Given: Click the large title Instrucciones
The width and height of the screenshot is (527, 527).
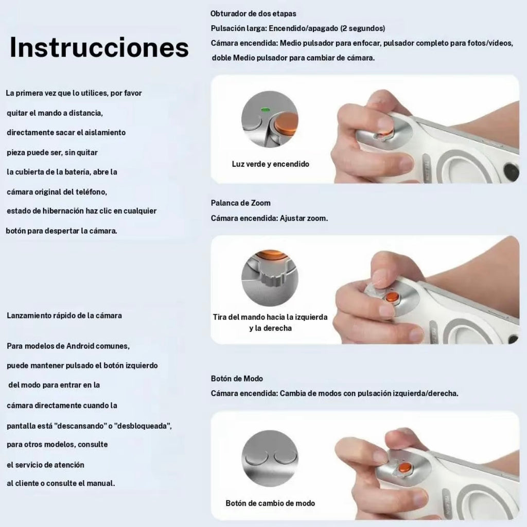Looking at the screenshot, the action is tap(99, 47).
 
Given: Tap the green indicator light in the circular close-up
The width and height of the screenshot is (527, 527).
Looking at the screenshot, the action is tap(265, 110).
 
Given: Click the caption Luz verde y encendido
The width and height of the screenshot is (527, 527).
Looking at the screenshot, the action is tap(271, 164).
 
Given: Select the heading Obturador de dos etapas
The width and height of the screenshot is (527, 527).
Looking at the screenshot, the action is tap(253, 14).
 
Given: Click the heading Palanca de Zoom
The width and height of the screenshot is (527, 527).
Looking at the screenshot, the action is tap(241, 203).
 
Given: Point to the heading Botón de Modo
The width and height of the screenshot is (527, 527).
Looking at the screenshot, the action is tap(237, 378).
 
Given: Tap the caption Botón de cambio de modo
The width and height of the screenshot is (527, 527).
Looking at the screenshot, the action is tap(271, 503).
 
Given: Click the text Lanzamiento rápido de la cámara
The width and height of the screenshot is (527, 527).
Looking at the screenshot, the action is tap(64, 315).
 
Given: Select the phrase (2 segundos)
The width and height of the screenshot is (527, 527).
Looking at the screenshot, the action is tap(363, 28).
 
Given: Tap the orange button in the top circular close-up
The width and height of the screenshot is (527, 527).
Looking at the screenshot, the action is tap(286, 124).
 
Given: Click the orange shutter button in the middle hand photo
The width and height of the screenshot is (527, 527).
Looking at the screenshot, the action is tap(392, 297).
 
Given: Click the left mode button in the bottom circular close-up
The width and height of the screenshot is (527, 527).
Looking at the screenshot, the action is tap(257, 457).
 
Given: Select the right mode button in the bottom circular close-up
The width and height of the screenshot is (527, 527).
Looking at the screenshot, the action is tap(286, 457).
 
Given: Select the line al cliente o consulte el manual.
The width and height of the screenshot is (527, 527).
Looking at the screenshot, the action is tap(61, 483).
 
